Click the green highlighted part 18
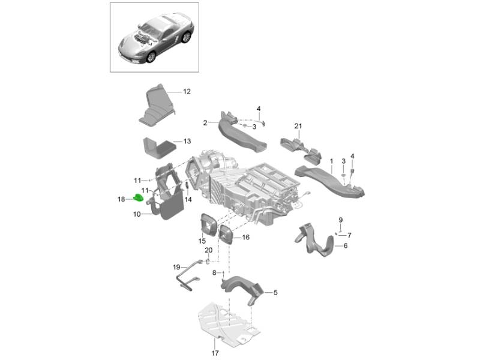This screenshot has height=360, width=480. click(138, 198)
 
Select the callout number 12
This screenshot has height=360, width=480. click(187, 92)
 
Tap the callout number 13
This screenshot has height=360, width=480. click(187, 142)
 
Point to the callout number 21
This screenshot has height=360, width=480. click(297, 125)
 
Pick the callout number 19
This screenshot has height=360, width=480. click(176, 266)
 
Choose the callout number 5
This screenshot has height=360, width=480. click(275, 293)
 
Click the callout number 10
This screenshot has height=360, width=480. click(136, 214)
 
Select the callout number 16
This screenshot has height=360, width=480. click(246, 238)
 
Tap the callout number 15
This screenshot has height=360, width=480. click(202, 241)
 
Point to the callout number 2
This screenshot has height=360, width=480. click(205, 122)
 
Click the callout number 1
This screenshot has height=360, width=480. click(331, 161)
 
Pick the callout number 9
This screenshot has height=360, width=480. click(340, 220)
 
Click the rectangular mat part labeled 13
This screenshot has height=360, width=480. click(160, 146)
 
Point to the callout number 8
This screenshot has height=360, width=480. click(214, 273)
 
